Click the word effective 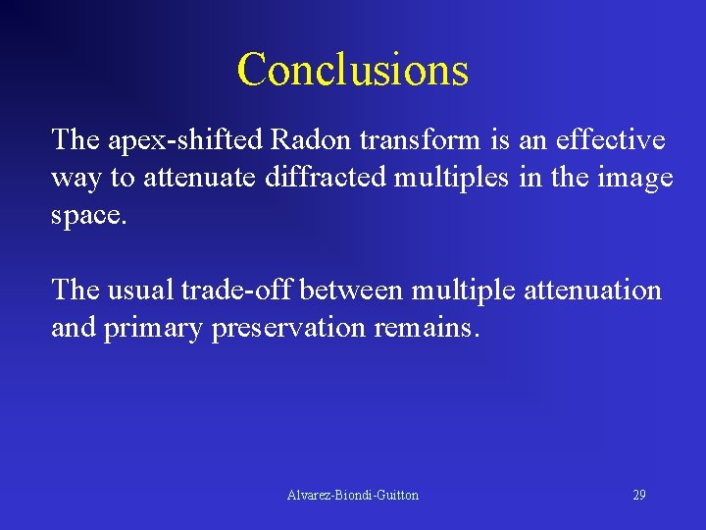(610, 140)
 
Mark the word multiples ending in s (436, 178)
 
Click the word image (635, 178)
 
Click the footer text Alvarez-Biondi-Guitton (353, 496)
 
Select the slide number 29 (638, 496)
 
